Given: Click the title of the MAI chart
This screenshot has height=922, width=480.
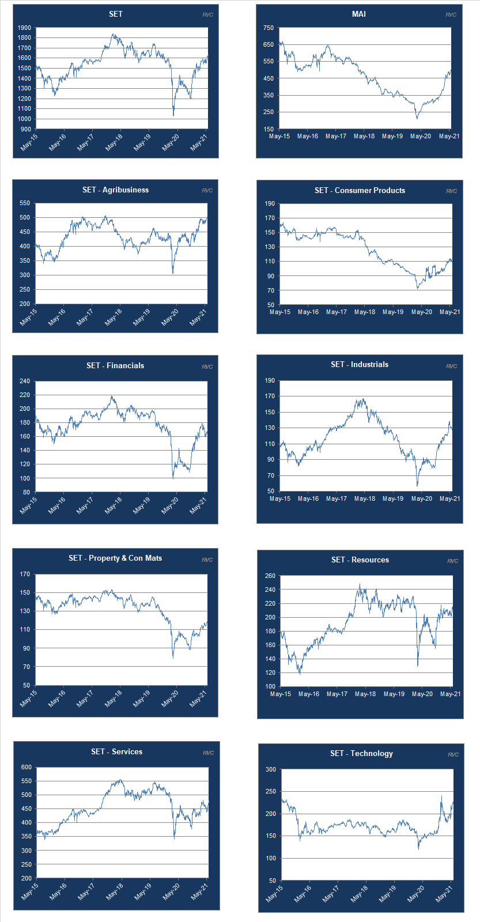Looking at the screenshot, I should (x=358, y=14).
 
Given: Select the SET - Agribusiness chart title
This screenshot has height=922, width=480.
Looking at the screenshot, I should (x=115, y=190).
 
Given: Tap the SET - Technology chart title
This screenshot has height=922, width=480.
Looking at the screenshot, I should (x=361, y=753).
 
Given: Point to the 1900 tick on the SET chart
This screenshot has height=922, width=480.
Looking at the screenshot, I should (x=24, y=28).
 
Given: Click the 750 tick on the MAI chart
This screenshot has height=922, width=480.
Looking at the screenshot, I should (x=268, y=28).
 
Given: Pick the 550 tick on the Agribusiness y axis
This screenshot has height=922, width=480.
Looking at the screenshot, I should (x=24, y=203).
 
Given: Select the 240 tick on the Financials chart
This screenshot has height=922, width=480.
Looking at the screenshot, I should (x=24, y=381).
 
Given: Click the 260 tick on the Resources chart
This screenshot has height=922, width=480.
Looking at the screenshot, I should (x=270, y=576).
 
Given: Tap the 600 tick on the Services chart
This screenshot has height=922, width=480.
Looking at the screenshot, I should (x=26, y=767).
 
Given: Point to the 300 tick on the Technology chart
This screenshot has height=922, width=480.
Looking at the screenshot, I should (x=270, y=769).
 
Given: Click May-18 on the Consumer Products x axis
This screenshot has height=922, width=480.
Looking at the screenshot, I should (x=365, y=312).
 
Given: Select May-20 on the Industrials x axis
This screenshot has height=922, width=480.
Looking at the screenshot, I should (x=421, y=498).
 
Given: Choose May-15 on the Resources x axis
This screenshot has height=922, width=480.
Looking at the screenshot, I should (x=281, y=694).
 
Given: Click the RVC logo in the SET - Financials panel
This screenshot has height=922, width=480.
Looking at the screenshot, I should (x=207, y=366).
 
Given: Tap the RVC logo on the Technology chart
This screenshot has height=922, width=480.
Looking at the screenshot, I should (x=453, y=754).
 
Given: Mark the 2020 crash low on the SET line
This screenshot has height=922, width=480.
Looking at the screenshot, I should (x=173, y=115).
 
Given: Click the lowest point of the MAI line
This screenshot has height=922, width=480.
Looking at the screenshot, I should (x=417, y=118).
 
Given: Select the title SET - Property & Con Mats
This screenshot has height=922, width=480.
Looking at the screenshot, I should (x=115, y=558).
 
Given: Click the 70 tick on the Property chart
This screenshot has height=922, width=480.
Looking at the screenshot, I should (x=26, y=667).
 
